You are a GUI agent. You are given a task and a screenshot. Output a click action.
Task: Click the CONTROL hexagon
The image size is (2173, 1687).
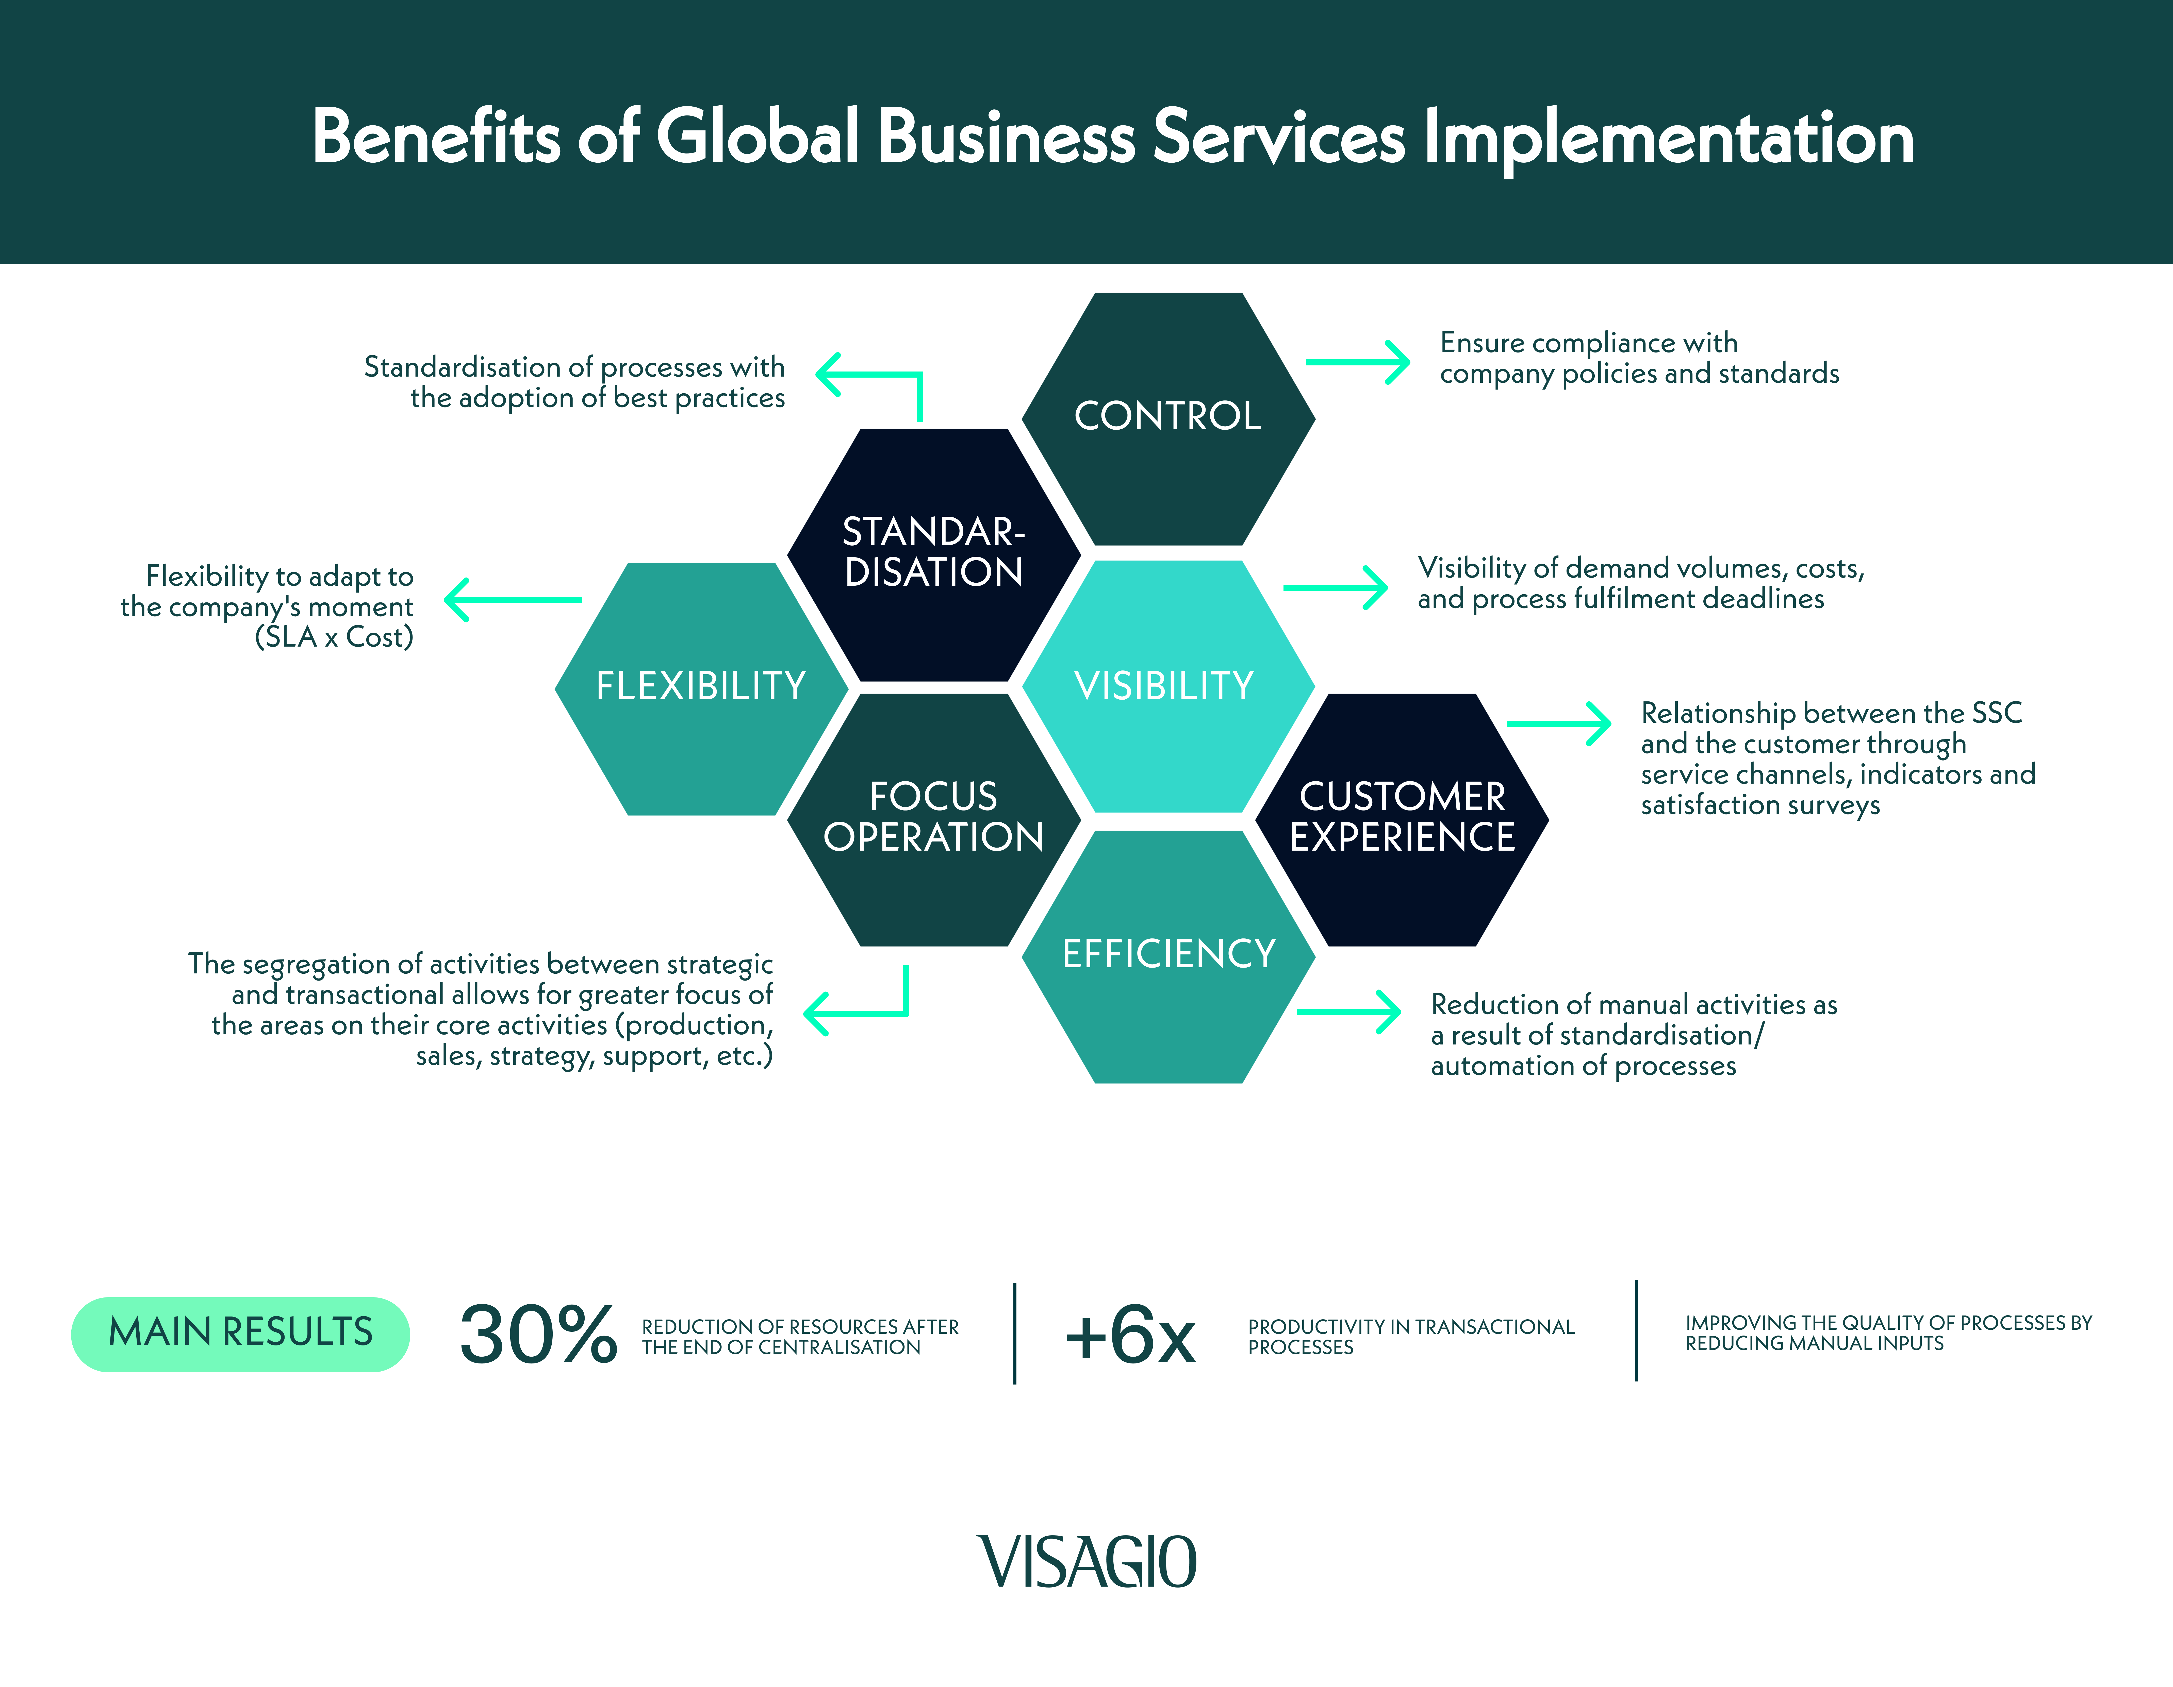(x=1168, y=418)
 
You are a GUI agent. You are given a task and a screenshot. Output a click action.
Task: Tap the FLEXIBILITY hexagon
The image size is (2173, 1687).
(x=701, y=688)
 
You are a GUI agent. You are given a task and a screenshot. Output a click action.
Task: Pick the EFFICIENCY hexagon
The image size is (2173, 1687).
(x=1168, y=957)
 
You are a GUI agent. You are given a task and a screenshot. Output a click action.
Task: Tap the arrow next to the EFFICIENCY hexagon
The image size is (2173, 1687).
(x=1349, y=1011)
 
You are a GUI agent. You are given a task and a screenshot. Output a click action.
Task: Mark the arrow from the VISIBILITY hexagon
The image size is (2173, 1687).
(x=1336, y=587)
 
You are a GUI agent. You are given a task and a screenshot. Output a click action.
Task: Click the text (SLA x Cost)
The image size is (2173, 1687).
(x=334, y=637)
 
